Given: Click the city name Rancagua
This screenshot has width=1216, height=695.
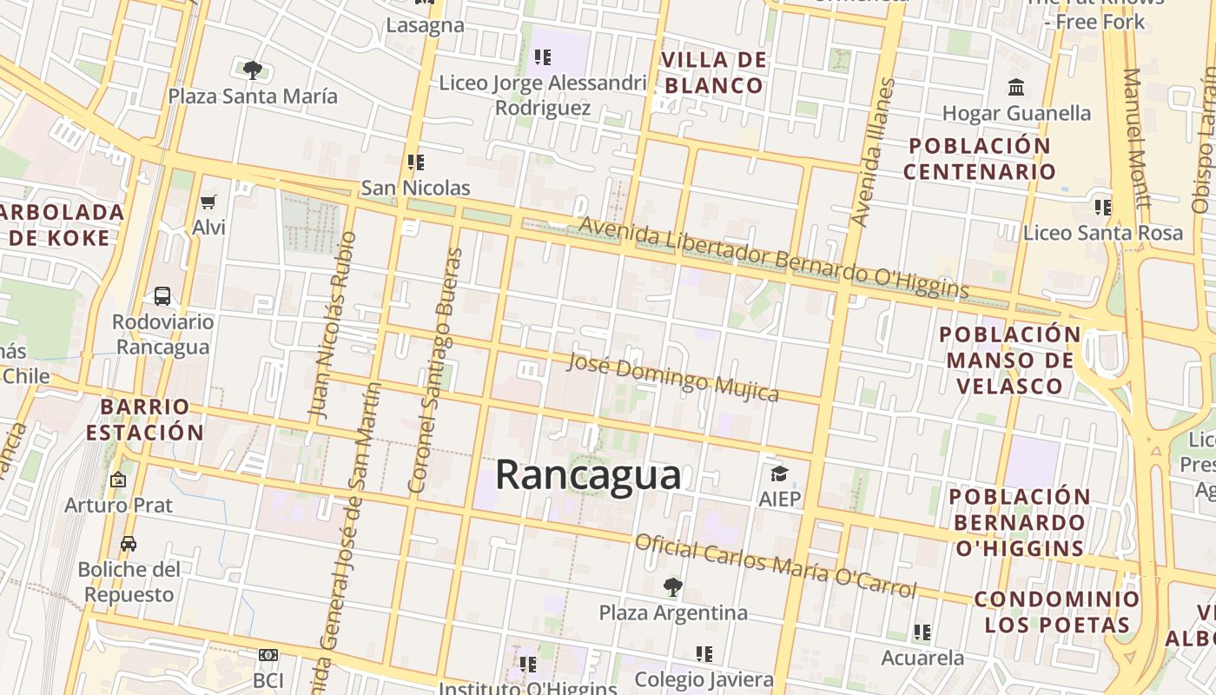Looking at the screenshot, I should point(588,475).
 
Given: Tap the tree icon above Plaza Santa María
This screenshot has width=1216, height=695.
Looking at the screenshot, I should point(252,70).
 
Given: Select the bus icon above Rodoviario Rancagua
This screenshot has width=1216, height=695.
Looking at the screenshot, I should point(162,296).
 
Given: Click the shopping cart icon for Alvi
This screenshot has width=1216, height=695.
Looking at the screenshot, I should point(208,202).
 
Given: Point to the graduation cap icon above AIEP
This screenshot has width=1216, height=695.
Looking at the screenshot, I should point(779,473).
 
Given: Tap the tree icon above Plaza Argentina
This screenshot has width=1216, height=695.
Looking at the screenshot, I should point(672,587).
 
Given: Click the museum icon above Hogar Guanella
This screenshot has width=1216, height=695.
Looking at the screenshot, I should point(1016,88).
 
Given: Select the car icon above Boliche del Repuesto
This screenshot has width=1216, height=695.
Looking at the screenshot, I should point(129,544).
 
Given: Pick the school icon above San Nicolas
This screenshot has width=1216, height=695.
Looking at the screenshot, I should point(415,162).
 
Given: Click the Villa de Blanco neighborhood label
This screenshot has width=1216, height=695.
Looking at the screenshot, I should point(714,73).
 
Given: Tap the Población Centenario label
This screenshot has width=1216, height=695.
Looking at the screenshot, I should point(979,158).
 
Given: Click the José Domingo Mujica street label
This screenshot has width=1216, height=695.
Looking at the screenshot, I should point(672,378).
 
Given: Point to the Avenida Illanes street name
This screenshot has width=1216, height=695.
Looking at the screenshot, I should point(873,152).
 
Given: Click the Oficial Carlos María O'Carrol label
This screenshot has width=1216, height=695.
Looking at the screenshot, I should point(776,566).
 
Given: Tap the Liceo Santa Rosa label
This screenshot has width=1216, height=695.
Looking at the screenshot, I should point(1102,233).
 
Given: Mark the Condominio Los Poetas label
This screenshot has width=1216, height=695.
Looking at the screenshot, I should point(1056,612).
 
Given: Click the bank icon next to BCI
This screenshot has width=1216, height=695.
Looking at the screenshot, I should point(268,655).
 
